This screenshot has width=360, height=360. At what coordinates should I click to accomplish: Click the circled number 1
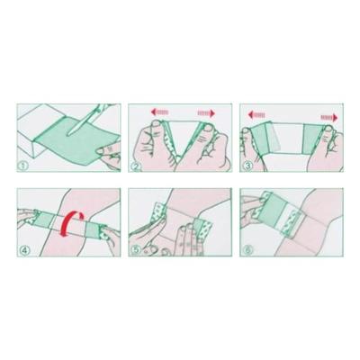click(24, 166)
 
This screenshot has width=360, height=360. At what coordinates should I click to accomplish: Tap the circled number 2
click(136, 166)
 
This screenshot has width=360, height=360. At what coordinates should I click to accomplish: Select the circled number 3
click(247, 166)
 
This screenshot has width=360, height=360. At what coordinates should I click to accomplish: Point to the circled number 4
click(24, 250)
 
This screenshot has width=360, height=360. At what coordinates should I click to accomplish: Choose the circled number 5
click(136, 250)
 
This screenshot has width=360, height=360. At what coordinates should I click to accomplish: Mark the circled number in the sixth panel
click(247, 250)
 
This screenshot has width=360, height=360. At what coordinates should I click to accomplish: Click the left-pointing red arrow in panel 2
click(159, 112)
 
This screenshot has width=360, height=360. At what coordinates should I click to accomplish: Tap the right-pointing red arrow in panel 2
click(206, 113)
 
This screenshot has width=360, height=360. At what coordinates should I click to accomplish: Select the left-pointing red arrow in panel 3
click(256, 114)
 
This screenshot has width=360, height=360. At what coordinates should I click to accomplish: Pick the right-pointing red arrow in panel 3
click(329, 117)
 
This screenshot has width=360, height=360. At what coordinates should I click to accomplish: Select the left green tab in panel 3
click(258, 138)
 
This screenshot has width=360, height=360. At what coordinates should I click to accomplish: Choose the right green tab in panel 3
click(314, 139)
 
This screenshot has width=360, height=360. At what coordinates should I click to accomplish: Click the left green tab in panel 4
click(45, 220)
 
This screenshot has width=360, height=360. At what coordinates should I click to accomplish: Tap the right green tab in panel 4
click(93, 229)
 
